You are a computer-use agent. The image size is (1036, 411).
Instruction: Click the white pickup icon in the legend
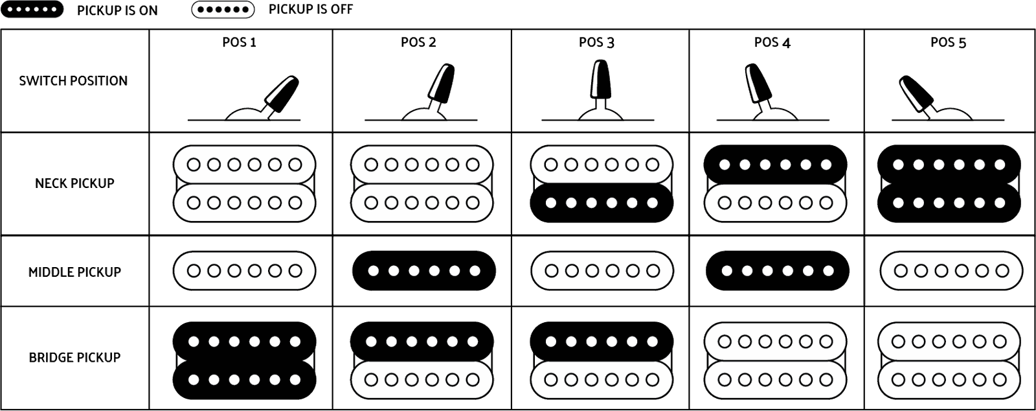[x=223, y=10]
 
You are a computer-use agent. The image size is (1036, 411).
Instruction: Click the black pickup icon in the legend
[x=32, y=10]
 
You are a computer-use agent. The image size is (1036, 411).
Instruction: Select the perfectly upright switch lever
[x=596, y=81]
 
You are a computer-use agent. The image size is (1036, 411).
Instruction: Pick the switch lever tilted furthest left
[x=913, y=95]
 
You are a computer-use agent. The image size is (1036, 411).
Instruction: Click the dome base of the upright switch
[x=602, y=114]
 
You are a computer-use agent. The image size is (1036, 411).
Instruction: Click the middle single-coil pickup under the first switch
[x=244, y=270]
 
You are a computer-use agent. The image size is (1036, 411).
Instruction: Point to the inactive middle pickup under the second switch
[x=423, y=270]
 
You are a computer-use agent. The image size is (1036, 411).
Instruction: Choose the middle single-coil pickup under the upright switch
[x=602, y=270]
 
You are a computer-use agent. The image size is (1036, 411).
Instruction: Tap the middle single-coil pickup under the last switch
[x=951, y=270]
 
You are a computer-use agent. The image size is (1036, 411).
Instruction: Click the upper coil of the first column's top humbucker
[x=244, y=165]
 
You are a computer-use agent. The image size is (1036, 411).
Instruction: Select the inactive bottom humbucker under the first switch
[x=244, y=360]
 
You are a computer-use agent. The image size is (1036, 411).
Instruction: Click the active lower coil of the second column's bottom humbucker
[x=423, y=379]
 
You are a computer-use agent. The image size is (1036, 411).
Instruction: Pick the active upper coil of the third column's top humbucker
[x=602, y=165]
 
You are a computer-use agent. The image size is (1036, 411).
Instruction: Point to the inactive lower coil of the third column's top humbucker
[x=602, y=203]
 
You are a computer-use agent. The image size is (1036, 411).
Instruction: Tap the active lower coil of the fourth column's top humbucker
[x=775, y=203]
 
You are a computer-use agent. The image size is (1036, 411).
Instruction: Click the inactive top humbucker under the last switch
[x=949, y=184]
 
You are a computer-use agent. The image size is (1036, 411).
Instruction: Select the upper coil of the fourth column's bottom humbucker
[x=775, y=341]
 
